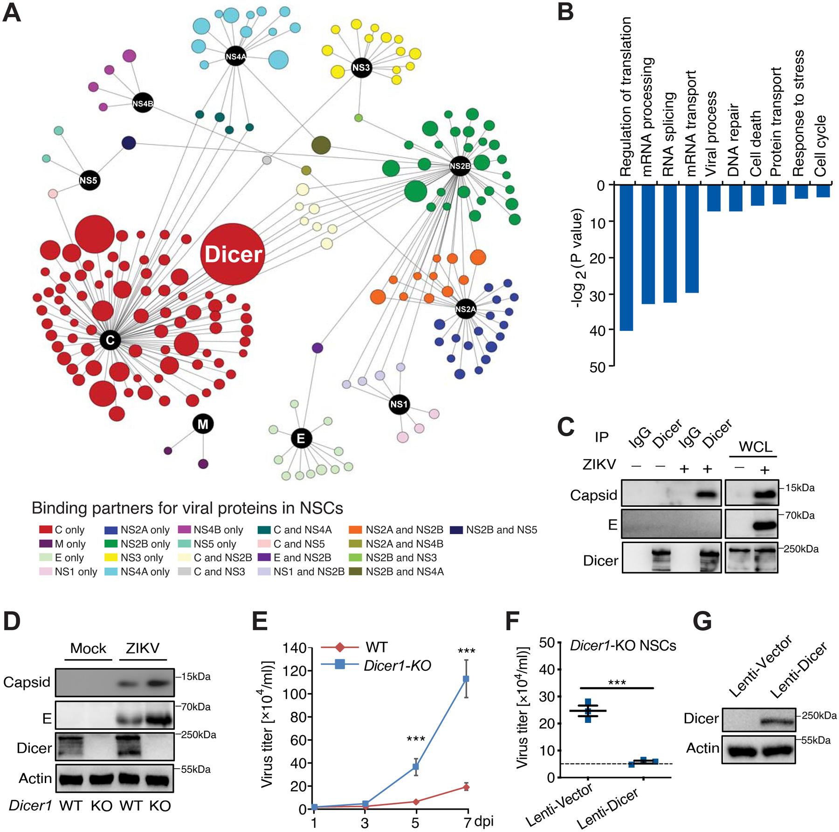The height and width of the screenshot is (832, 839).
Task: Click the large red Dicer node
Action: [233, 254]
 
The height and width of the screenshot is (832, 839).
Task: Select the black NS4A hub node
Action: [235, 56]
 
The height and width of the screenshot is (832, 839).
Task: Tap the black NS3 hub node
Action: [361, 68]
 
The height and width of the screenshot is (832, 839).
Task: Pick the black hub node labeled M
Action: [203, 424]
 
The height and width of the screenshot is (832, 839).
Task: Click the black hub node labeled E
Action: [301, 438]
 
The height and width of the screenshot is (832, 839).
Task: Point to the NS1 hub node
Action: [399, 404]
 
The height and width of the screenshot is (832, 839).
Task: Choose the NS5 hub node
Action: [89, 180]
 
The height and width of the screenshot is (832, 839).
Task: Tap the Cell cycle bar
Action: [823, 191]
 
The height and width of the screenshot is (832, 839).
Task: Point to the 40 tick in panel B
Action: [598, 330]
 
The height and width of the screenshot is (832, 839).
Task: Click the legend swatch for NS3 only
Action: [111, 557]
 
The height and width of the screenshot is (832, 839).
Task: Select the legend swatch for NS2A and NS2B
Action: [355, 530]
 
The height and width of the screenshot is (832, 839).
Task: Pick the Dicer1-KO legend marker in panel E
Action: [340, 665]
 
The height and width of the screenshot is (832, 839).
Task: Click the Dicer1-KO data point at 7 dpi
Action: [466, 679]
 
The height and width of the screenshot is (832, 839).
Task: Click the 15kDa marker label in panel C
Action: [799, 488]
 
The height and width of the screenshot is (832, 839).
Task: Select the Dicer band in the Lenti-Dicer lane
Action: [777, 722]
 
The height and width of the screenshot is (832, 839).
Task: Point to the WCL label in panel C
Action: [755, 447]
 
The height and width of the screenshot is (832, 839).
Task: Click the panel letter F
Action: [513, 621]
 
